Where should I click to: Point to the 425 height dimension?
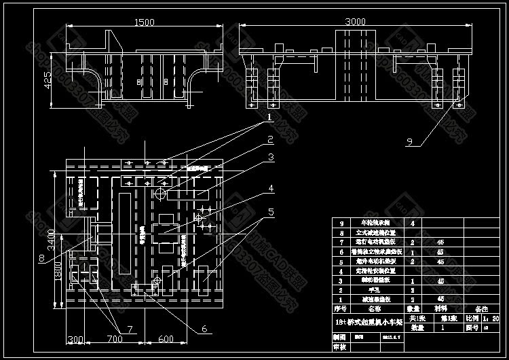tap(48, 80)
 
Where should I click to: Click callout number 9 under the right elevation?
tap(409, 141)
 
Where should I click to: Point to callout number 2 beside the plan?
tap(269, 141)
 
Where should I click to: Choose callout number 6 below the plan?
tap(203, 329)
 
